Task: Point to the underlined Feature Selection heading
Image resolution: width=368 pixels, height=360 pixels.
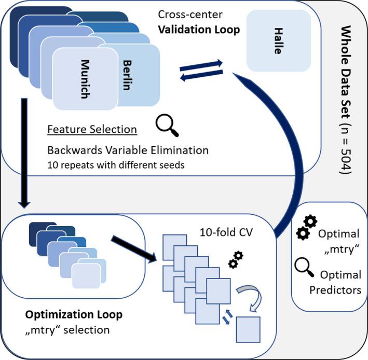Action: coord(92,129)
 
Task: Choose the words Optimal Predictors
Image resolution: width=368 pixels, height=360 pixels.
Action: coord(338,282)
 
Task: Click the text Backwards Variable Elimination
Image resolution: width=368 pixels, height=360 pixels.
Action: coord(128,150)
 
